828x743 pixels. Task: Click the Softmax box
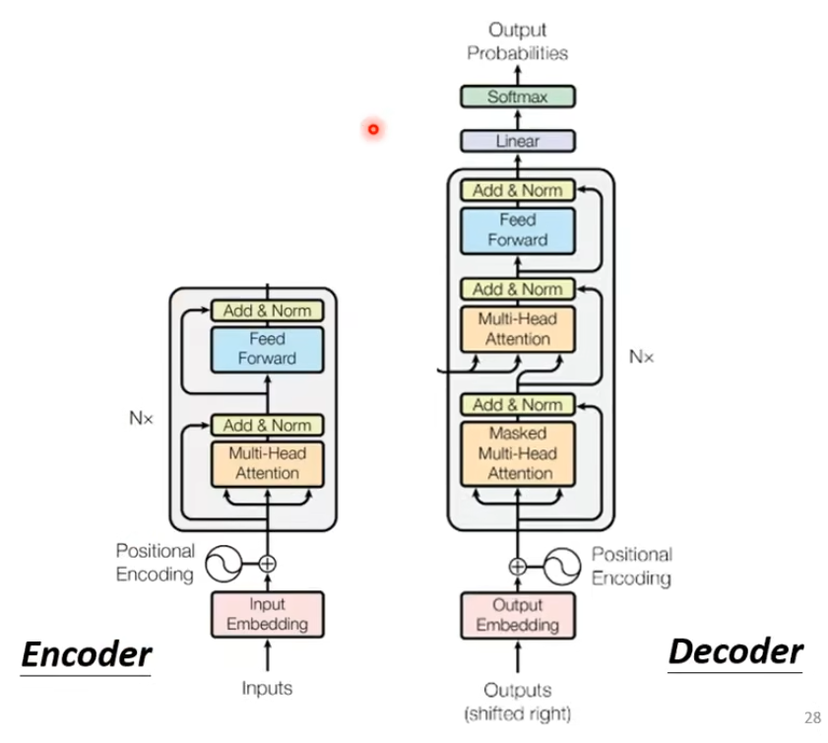click(518, 97)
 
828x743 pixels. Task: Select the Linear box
click(518, 141)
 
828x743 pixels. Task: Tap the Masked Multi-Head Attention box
click(518, 453)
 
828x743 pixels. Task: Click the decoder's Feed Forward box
click(518, 230)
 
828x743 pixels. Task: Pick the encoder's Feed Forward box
click(268, 348)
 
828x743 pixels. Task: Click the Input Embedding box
click(268, 614)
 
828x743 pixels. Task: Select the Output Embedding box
click(518, 614)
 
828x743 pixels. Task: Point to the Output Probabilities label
click(518, 41)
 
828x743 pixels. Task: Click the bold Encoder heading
click(87, 654)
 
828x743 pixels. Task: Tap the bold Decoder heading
click(735, 651)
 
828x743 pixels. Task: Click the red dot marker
click(373, 128)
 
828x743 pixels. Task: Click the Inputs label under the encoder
click(268, 688)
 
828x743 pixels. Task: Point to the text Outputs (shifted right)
click(518, 701)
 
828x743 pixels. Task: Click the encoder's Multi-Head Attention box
click(268, 463)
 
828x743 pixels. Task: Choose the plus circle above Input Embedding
click(267, 565)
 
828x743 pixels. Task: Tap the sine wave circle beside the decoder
click(559, 566)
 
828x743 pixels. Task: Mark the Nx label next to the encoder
click(142, 418)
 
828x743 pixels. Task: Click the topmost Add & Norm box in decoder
click(518, 190)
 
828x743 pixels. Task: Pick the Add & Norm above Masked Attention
click(518, 404)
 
